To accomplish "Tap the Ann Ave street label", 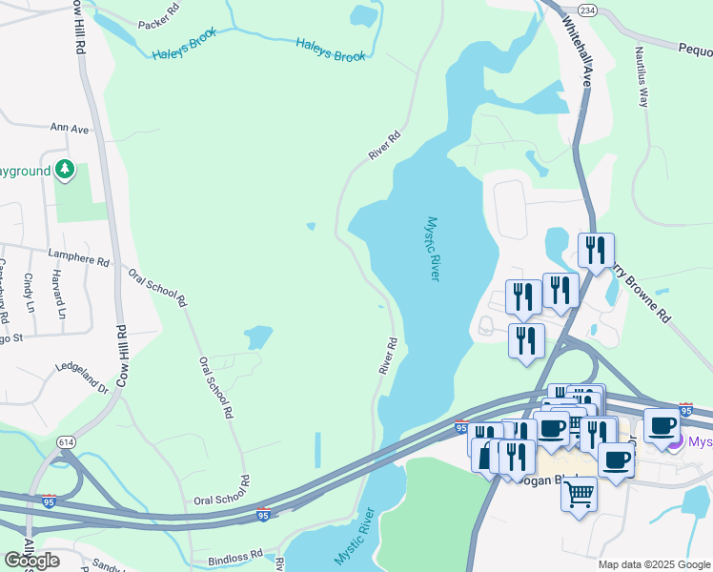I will pos(70,128).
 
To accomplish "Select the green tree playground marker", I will pos(65,170).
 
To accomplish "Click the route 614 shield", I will pos(66,442).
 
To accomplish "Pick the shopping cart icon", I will pos(579,494).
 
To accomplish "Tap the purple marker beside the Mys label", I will pos(676,441).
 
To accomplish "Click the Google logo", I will pos(31,560).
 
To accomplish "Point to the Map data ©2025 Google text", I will pos(654,564).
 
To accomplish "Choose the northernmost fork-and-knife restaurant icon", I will pos(596,250).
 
